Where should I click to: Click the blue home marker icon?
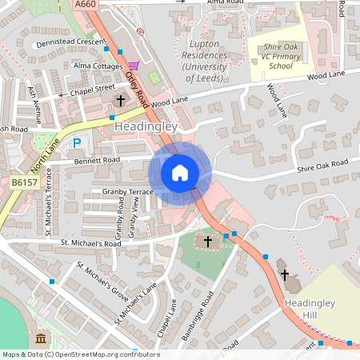[180, 172]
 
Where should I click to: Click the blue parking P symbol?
[77, 143]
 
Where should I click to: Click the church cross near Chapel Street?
[121, 101]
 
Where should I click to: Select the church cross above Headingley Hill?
[284, 274]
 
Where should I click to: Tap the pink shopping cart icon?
[134, 65]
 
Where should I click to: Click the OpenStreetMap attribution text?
[80, 354]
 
